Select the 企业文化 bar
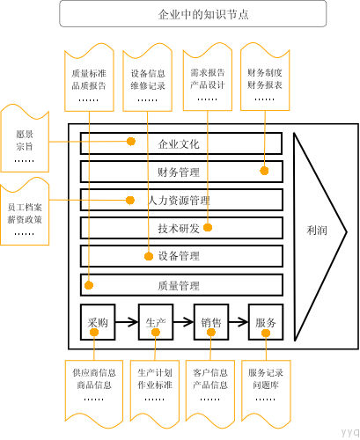pyautogui.click(x=180, y=143)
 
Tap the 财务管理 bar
pyautogui.click(x=180, y=171)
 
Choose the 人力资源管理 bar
pyautogui.click(x=180, y=200)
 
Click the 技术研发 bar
pyautogui.click(x=180, y=228)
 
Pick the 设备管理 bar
pyautogui.click(x=180, y=256)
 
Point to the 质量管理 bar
pyautogui.click(x=180, y=285)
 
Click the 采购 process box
pyautogui.click(x=98, y=322)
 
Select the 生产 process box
pyautogui.click(x=154, y=322)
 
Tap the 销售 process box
pyautogui.click(x=210, y=322)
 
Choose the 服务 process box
pyautogui.click(x=266, y=322)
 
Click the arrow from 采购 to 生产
pyautogui.click(x=126, y=322)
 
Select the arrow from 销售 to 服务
pyautogui.click(x=238, y=322)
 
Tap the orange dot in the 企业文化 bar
pyautogui.click(x=130, y=141)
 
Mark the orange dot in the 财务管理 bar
pyautogui.click(x=263, y=171)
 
